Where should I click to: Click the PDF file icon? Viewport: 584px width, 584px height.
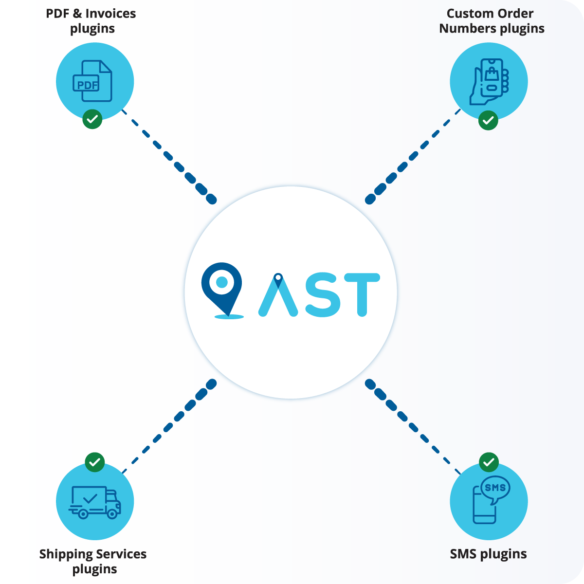[93, 81]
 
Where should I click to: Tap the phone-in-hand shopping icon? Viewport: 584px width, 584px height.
[489, 81]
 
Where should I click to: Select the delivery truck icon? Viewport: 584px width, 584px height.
[95, 502]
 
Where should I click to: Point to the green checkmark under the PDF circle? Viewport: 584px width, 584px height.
[92, 119]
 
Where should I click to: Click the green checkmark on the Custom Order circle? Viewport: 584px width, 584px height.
[488, 120]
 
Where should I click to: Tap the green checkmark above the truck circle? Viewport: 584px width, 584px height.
[94, 462]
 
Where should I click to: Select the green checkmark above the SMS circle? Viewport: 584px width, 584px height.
[489, 462]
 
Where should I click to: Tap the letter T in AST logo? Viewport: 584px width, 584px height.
[361, 294]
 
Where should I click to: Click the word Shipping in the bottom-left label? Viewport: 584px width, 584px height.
[66, 554]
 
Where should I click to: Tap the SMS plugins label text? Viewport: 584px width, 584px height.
[488, 554]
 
